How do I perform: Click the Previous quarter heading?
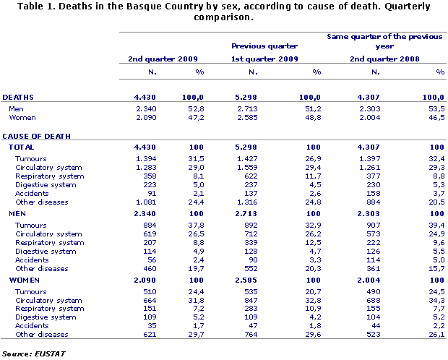tap(264, 46)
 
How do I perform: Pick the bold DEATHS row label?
tap(18, 96)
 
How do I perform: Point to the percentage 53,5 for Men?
tap(435, 108)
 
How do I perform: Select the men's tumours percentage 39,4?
tap(435, 226)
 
